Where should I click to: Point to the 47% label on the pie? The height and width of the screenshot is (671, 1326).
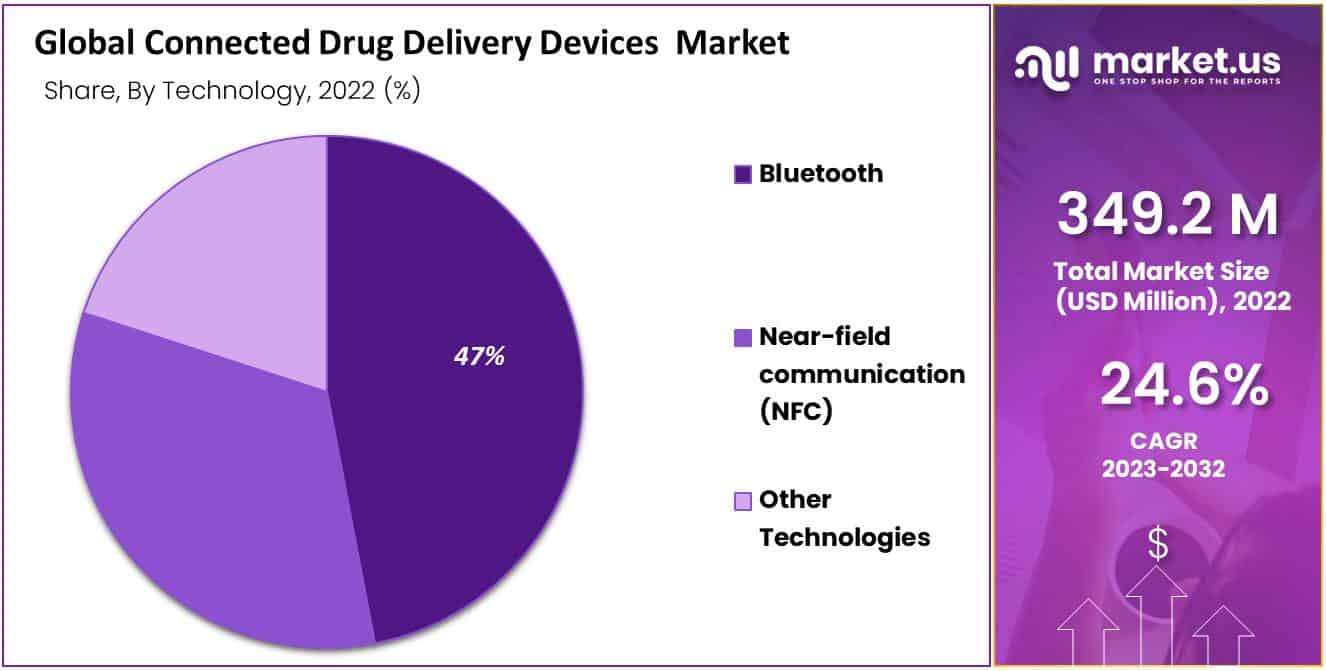click(x=479, y=356)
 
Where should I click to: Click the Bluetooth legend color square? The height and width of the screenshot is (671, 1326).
click(x=742, y=175)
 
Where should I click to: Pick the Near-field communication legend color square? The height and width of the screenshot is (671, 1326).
click(x=742, y=338)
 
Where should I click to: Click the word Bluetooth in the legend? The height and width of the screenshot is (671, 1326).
click(x=821, y=174)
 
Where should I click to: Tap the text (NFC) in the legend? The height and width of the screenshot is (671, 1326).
click(x=796, y=411)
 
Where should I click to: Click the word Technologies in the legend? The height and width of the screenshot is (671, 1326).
click(x=844, y=537)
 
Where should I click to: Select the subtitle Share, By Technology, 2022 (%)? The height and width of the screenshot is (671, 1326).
click(x=232, y=91)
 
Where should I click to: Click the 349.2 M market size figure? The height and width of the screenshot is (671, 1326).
click(x=1167, y=214)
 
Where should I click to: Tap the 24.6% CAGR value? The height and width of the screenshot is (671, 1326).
click(x=1185, y=386)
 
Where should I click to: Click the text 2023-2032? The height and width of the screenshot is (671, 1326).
click(x=1163, y=469)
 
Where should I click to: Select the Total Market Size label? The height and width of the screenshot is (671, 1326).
click(x=1160, y=271)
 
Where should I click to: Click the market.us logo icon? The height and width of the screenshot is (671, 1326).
click(x=1046, y=63)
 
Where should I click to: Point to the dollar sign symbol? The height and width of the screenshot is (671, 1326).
click(x=1158, y=544)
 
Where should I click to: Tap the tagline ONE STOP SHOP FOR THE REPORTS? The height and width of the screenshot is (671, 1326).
click(x=1186, y=80)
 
